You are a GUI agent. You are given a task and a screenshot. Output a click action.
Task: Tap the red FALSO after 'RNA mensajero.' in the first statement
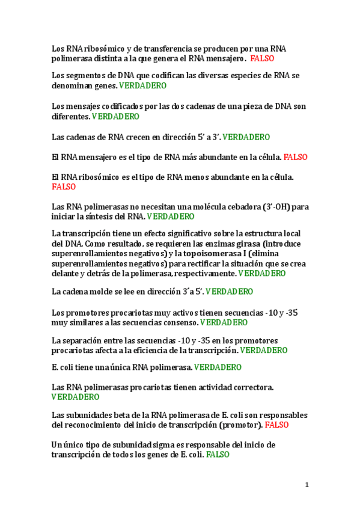click(x=262, y=58)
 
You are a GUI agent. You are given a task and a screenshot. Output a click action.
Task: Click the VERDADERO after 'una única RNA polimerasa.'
click(x=218, y=367)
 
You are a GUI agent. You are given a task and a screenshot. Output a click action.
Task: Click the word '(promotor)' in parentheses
click(x=239, y=425)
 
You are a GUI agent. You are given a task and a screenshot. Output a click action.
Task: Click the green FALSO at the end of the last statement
click(x=218, y=455)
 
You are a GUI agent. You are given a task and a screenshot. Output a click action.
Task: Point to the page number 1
click(x=307, y=485)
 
